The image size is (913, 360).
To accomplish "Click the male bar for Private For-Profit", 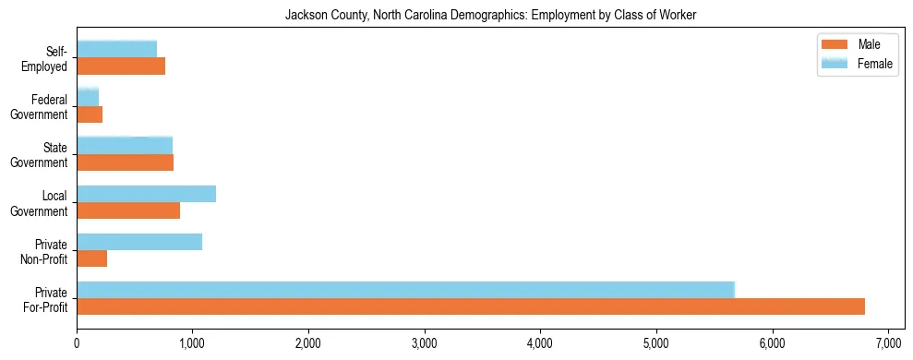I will pyautogui.click(x=471, y=306).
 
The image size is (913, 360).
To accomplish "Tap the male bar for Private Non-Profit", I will pyautogui.click(x=92, y=258).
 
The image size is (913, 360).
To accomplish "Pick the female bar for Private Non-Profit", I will pyautogui.click(x=139, y=242).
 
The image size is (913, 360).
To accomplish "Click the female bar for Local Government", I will pyautogui.click(x=146, y=194).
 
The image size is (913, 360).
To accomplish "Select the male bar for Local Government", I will pyautogui.click(x=128, y=210).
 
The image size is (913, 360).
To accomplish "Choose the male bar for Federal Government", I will pyautogui.click(x=90, y=114).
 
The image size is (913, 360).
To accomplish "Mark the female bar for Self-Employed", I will pyautogui.click(x=116, y=49).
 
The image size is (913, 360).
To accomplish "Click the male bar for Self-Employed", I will pyautogui.click(x=121, y=66).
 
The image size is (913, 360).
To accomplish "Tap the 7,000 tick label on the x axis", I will pyautogui.click(x=888, y=343).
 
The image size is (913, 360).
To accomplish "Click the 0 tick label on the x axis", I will pyautogui.click(x=77, y=343).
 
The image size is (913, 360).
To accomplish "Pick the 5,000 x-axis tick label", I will pyautogui.click(x=656, y=343).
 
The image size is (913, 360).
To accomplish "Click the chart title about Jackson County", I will pyautogui.click(x=490, y=14).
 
